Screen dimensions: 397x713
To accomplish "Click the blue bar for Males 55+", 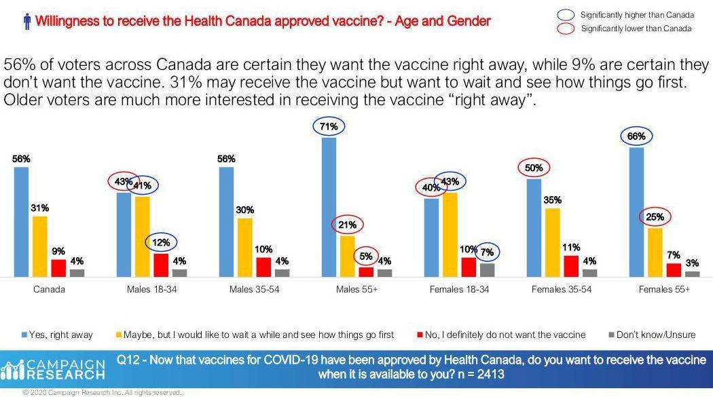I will click(329, 207).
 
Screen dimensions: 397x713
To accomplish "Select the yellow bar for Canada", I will click(40, 246).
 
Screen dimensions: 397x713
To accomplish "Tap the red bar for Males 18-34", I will click(161, 265).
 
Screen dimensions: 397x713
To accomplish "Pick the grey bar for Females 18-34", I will click(488, 270).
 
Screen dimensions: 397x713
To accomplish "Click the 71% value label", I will click(329, 126).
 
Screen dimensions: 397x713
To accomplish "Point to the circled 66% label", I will click(636, 136).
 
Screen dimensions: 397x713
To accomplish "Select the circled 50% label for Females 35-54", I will click(534, 167).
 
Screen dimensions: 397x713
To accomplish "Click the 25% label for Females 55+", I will click(655, 217).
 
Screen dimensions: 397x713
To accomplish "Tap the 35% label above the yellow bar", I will click(553, 200).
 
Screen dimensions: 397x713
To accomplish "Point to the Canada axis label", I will click(49, 289).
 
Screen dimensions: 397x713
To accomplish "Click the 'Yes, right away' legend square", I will click(25, 335).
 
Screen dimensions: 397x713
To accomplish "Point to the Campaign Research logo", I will click(54, 368).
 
